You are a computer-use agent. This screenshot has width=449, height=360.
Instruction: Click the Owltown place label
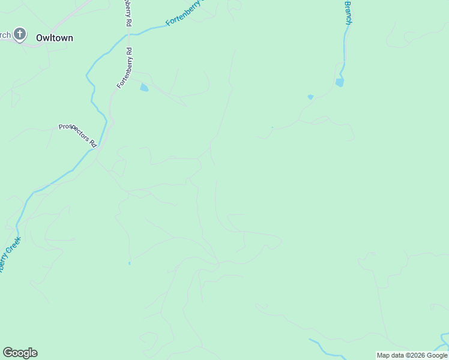click(x=55, y=38)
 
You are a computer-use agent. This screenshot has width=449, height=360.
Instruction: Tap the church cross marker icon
click(x=20, y=34)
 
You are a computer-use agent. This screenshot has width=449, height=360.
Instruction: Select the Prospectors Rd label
click(x=77, y=135)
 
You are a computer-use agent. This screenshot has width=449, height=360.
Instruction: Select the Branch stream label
click(x=348, y=12)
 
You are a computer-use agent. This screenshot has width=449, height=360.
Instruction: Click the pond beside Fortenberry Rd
click(x=144, y=88)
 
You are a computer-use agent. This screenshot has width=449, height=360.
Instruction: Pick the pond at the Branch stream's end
click(x=340, y=82)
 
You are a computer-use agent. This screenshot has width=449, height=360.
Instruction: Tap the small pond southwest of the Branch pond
click(x=310, y=97)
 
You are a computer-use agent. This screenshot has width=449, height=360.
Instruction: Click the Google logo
click(x=20, y=353)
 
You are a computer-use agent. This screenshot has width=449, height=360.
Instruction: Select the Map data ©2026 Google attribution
click(x=412, y=355)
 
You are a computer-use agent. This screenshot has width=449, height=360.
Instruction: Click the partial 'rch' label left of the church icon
click(x=5, y=35)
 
